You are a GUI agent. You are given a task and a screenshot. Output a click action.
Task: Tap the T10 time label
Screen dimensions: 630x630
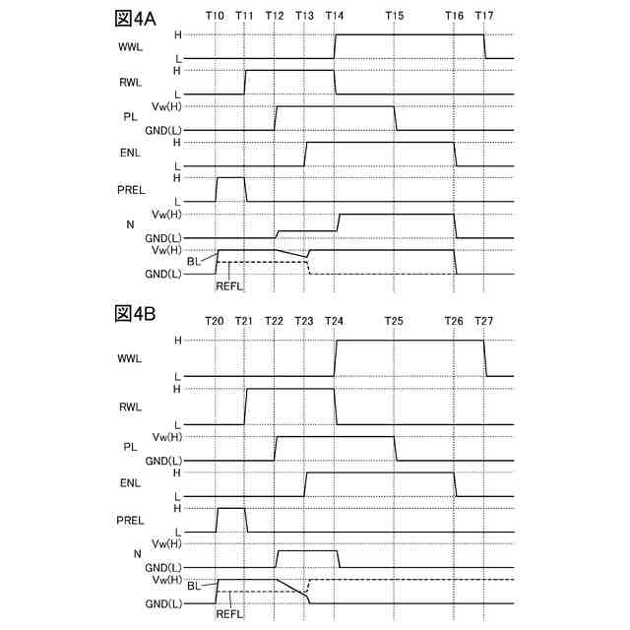point(216,17)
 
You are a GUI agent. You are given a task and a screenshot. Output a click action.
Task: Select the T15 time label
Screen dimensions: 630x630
point(395,17)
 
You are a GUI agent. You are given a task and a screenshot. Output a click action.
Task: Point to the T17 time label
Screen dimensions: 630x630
point(484,17)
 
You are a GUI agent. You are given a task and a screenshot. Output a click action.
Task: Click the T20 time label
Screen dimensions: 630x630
point(216,322)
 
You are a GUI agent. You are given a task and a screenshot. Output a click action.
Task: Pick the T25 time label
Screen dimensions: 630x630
point(395,322)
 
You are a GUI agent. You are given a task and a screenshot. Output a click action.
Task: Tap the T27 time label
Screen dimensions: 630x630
point(484,322)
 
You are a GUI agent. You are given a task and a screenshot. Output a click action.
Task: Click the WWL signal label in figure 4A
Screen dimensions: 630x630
point(130,46)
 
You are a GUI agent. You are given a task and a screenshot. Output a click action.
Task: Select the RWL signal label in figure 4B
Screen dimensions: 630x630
point(130,407)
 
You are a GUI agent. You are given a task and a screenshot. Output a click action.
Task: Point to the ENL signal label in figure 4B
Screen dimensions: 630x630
point(130,483)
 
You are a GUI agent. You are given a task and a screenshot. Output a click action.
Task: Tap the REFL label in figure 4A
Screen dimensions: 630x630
point(228,285)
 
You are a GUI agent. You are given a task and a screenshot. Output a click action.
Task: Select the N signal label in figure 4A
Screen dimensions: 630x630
point(130,224)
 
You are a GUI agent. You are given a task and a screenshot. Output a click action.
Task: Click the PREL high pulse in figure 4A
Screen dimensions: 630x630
point(230,178)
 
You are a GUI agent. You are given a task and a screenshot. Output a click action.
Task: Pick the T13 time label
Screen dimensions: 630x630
point(305,17)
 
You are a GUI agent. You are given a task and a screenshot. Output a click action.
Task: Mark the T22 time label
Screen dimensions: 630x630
point(275,322)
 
